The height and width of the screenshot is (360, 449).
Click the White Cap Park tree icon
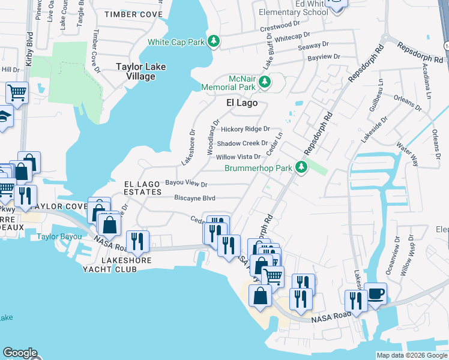213,41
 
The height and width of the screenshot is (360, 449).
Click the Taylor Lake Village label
141,72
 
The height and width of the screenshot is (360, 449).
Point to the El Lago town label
242,103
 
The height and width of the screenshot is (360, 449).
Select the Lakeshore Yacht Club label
119,265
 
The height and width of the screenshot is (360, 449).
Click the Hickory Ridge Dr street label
246,129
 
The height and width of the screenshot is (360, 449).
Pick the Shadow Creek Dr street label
243,143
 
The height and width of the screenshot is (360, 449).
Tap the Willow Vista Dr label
238,157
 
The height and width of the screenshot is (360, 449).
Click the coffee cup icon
376,293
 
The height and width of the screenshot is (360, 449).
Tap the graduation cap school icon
4,116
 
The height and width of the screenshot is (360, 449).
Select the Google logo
20,353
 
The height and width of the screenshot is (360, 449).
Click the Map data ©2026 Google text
411,355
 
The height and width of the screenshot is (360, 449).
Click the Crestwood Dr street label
279,25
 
